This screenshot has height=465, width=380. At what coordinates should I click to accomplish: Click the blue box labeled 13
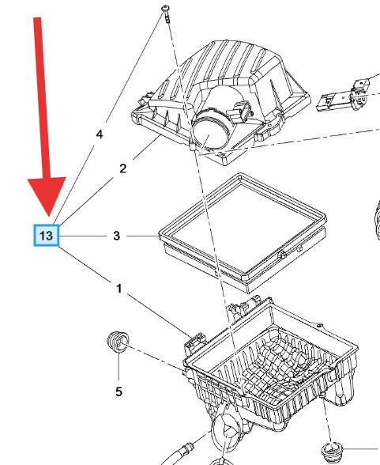46,236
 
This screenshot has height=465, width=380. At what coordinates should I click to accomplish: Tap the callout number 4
100,134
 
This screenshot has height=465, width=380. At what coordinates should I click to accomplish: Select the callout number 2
123,168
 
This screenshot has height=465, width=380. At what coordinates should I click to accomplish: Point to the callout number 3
117,236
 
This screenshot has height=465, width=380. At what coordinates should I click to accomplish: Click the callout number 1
119,289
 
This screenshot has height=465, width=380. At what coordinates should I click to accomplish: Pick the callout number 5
119,391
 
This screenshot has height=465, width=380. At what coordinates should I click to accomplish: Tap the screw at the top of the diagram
167,13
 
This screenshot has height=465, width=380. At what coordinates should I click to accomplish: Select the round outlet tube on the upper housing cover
209,130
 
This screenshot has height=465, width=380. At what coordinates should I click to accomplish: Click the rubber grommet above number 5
118,342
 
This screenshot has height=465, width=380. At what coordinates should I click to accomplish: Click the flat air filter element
243,232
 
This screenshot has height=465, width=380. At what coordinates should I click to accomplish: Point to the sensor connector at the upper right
346,95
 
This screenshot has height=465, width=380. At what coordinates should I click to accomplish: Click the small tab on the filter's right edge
282,255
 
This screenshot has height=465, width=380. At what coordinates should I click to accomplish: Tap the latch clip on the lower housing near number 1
195,342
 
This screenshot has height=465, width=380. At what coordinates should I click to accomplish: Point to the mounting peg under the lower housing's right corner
322,395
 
